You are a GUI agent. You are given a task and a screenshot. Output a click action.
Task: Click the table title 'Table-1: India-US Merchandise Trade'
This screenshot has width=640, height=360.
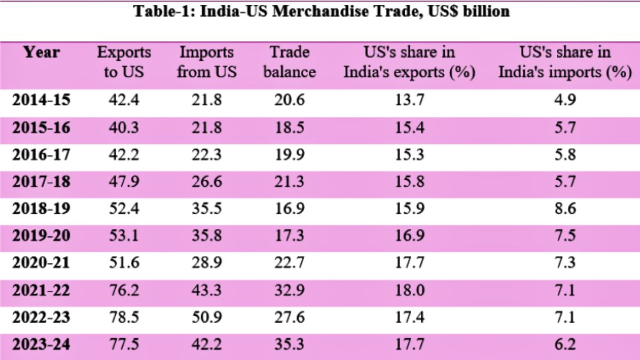click(x=321, y=12)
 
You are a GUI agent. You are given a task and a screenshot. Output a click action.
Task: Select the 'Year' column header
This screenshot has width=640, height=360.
click(x=42, y=53)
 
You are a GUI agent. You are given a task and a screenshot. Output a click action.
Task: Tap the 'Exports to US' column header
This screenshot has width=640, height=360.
click(x=124, y=62)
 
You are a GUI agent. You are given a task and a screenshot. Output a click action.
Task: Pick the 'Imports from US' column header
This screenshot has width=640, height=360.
click(x=206, y=62)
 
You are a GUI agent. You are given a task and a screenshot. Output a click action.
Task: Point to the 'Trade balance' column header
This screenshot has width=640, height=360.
click(x=290, y=62)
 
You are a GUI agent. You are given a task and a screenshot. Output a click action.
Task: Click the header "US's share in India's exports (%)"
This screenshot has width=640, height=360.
click(x=409, y=62)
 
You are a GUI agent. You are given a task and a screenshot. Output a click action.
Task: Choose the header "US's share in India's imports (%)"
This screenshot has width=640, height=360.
click(x=565, y=62)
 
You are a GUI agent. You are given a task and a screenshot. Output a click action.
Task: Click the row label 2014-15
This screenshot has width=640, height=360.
click(x=41, y=100)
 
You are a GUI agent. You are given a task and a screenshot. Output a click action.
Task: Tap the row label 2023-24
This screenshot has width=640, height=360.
click(x=41, y=345)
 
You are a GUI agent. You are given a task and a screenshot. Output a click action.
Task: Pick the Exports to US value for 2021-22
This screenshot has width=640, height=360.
click(x=124, y=290)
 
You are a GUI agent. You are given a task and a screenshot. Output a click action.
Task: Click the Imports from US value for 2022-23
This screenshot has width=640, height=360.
click(x=207, y=317)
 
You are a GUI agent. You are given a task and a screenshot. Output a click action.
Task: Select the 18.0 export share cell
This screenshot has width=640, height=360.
click(x=410, y=290)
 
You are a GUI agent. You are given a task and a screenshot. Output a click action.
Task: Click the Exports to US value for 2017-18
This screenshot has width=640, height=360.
click(x=124, y=181)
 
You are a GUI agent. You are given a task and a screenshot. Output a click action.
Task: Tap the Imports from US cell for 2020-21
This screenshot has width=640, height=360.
click(x=207, y=263)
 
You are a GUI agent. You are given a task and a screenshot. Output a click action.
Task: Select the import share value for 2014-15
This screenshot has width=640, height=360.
click(x=565, y=100)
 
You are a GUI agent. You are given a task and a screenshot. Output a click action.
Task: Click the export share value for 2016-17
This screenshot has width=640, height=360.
click(x=410, y=154)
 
